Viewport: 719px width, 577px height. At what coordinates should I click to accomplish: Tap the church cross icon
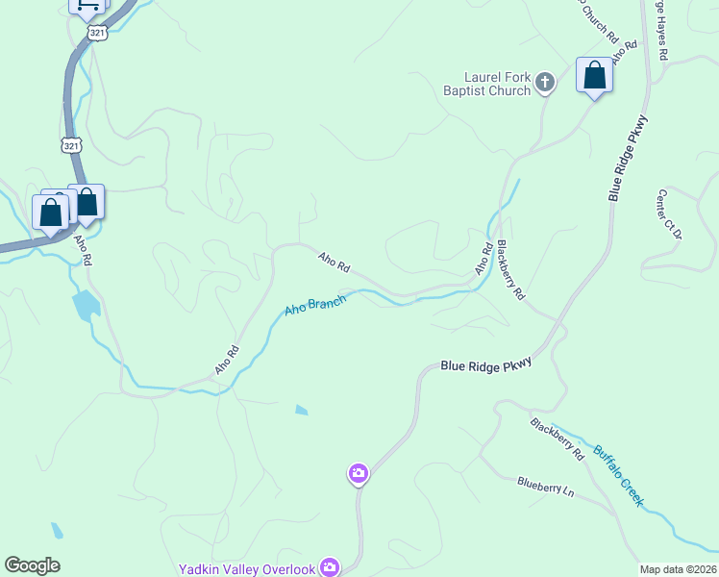click(x=544, y=83)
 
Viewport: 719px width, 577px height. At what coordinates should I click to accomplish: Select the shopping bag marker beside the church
click(x=594, y=76)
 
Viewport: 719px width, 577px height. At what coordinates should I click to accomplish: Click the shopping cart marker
click(x=87, y=5)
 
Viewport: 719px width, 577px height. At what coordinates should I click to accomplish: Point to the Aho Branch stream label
click(x=314, y=307)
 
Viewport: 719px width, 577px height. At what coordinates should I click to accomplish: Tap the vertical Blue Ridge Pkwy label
click(x=629, y=158)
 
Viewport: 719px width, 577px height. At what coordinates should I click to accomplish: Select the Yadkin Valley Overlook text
click(x=247, y=569)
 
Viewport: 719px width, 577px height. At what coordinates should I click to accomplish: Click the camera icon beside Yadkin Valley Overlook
click(x=330, y=567)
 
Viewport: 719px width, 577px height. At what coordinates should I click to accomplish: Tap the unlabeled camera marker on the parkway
click(x=358, y=473)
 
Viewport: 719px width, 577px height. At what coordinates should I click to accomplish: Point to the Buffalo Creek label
click(x=617, y=476)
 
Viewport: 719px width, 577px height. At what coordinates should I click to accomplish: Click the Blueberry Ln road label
click(x=545, y=488)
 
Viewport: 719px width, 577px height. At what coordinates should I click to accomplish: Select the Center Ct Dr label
click(x=669, y=214)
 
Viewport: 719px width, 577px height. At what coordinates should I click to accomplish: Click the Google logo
click(x=32, y=565)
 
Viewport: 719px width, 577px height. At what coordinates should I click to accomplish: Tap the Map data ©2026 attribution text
click(x=679, y=569)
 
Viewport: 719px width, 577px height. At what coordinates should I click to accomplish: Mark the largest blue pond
click(x=86, y=304)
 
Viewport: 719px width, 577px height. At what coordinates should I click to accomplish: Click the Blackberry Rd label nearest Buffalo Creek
click(x=557, y=438)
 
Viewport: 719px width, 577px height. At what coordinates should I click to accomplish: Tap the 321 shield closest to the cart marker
click(x=97, y=32)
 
